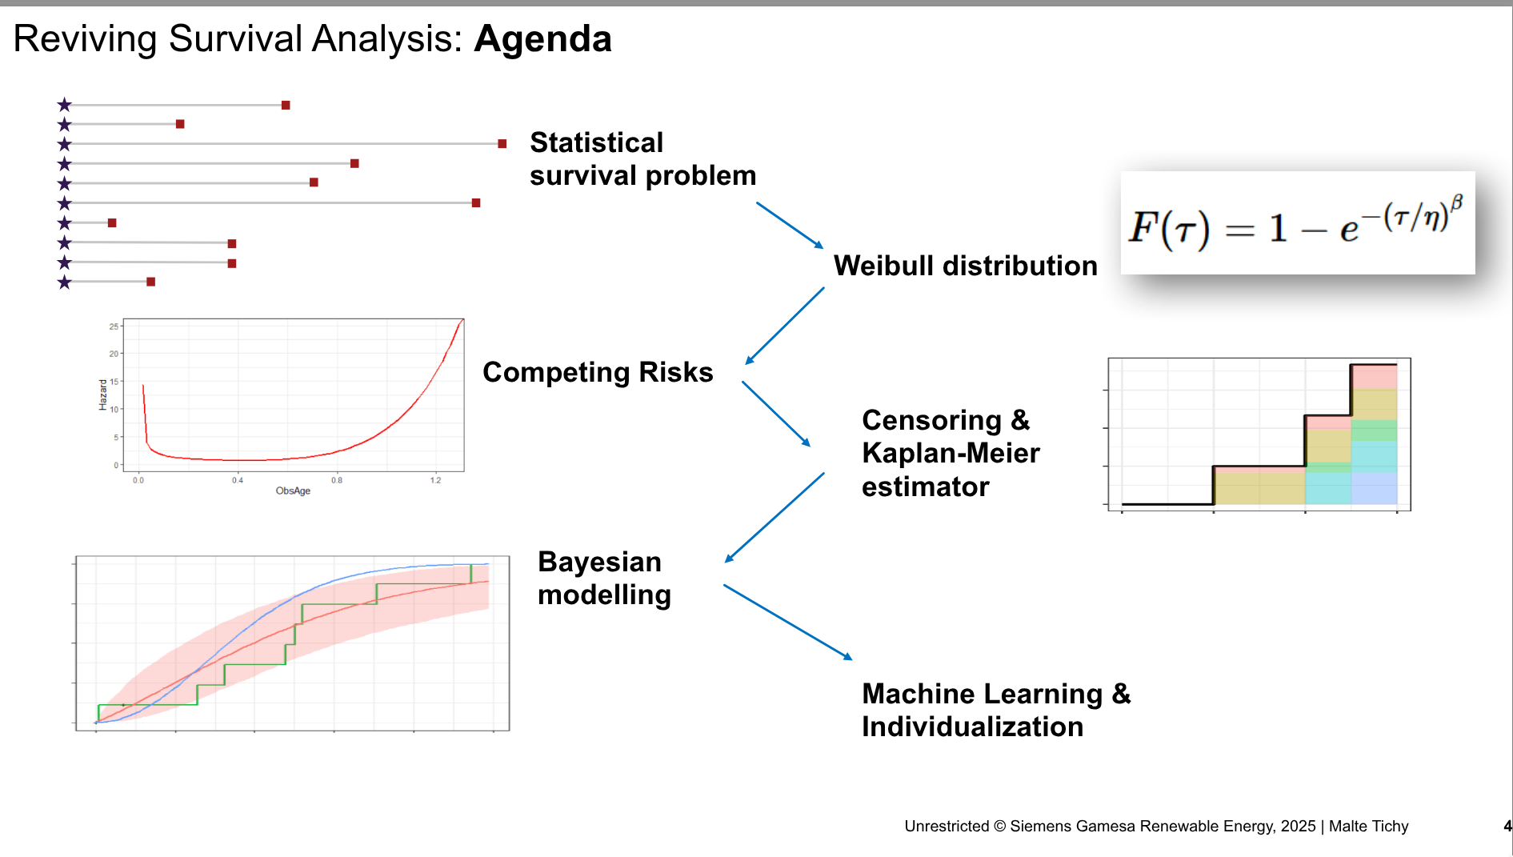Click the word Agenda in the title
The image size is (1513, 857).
(x=542, y=39)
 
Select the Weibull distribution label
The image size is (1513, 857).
(x=966, y=266)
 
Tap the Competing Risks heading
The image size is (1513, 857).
(x=598, y=372)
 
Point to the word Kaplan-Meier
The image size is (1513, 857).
(x=951, y=453)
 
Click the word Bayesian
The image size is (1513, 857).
(x=599, y=562)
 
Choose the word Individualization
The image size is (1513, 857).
(x=972, y=727)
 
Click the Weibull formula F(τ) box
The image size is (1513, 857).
(x=1298, y=222)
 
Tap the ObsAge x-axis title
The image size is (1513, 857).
(x=293, y=491)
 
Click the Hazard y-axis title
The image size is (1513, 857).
(x=102, y=395)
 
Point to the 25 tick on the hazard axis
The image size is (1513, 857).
(x=114, y=326)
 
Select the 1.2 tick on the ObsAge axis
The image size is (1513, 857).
(x=435, y=480)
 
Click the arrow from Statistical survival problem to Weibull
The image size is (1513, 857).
(x=790, y=225)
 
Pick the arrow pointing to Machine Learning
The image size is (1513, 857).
(x=788, y=622)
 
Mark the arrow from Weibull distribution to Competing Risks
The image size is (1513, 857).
(x=785, y=326)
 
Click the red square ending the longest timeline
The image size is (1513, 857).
(x=502, y=144)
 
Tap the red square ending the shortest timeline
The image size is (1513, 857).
(x=112, y=222)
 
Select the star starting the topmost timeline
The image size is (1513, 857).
(x=65, y=105)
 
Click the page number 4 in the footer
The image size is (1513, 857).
(x=1507, y=826)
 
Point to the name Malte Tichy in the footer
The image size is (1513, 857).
(x=1368, y=826)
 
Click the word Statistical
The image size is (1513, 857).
(x=597, y=142)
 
